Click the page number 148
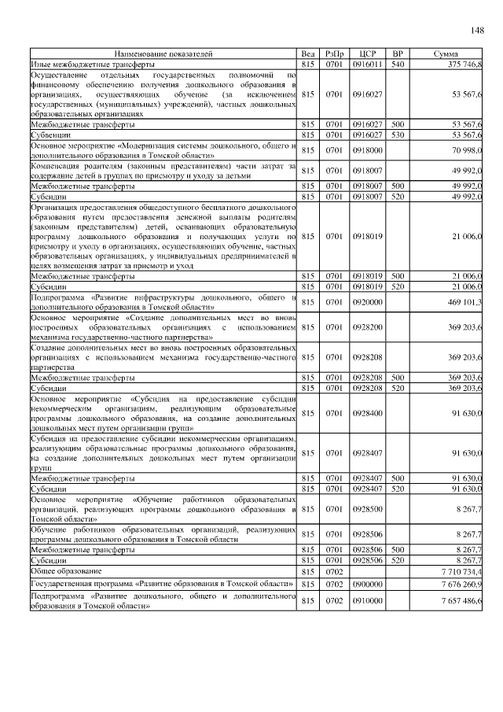477,31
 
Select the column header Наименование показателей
163,53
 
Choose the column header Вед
308,53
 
